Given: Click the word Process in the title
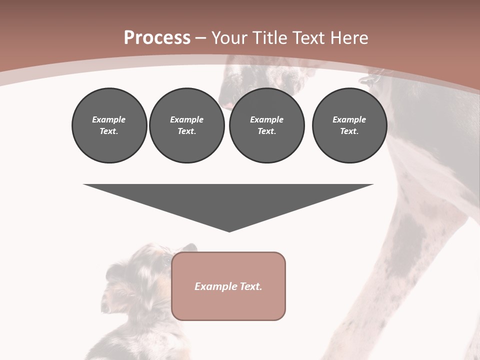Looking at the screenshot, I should tap(157, 38).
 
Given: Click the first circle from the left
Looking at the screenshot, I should tap(109, 125).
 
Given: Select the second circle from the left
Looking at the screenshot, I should tap(187, 125).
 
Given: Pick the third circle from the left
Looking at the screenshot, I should tap(266, 125).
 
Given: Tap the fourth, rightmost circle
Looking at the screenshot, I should tap(349, 125).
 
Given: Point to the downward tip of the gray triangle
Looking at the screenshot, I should tap(229, 230).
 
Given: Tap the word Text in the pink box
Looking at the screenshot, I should tap(250, 286).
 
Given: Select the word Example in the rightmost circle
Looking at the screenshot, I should tap(349, 119).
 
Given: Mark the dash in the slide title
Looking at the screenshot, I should tap(200, 38).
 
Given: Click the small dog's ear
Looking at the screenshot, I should tap(188, 249).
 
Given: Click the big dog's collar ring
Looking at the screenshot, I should tap(368, 79).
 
